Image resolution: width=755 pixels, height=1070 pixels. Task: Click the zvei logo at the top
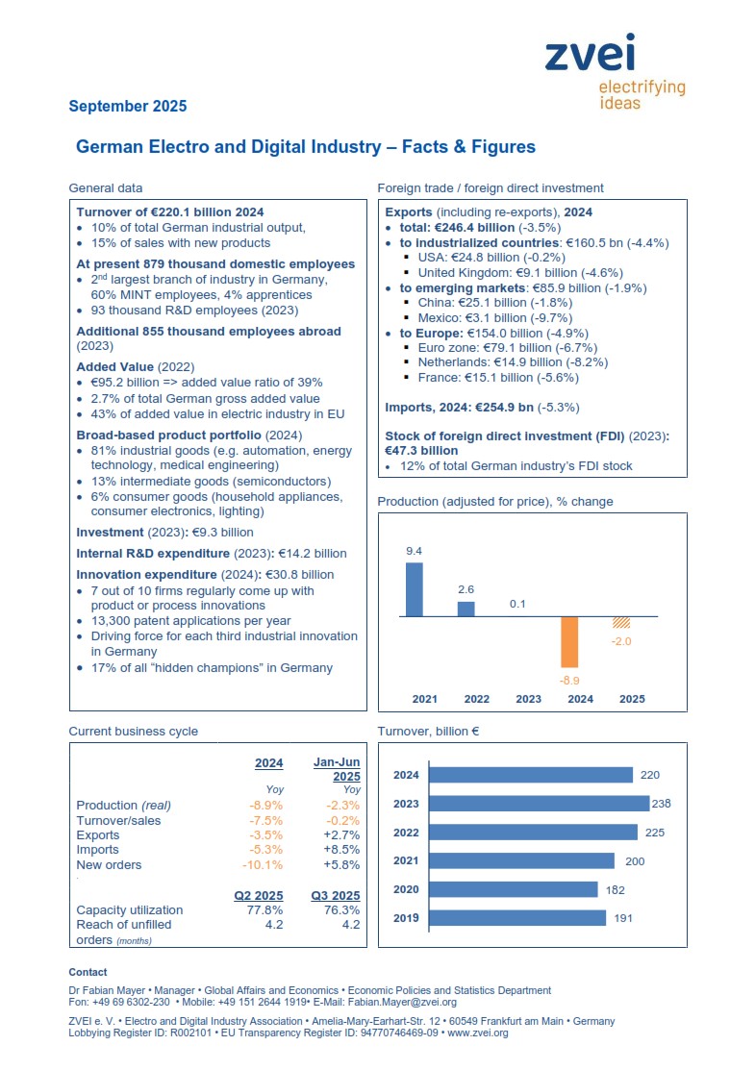tap(615, 71)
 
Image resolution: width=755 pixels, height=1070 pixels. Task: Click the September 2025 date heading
tap(128, 106)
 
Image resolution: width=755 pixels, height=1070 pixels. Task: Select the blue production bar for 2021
tap(415, 589)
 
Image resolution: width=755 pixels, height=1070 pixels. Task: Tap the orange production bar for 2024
tap(569, 642)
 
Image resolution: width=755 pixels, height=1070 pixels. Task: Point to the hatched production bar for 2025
tap(621, 622)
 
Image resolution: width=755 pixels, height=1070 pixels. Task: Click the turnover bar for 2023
tap(540, 804)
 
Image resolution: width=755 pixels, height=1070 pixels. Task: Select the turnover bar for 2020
tap(514, 889)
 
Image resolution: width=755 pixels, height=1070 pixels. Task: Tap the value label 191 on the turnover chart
tap(623, 918)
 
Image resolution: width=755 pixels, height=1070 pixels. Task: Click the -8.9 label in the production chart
tap(569, 681)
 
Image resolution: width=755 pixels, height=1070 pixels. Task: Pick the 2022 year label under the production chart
tap(476, 699)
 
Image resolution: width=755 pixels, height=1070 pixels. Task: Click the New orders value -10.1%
tap(263, 865)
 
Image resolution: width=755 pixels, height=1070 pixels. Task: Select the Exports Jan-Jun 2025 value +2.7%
tap(341, 835)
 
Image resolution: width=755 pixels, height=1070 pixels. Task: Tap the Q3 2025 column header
tap(335, 895)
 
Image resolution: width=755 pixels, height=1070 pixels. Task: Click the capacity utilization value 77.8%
tap(264, 910)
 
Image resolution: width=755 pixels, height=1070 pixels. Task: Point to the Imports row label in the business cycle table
tap(97, 850)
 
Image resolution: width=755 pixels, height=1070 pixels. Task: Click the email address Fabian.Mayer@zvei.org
tap(402, 1003)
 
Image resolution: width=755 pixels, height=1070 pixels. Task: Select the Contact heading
tap(88, 972)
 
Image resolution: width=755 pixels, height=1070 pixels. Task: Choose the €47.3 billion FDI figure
tap(421, 451)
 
